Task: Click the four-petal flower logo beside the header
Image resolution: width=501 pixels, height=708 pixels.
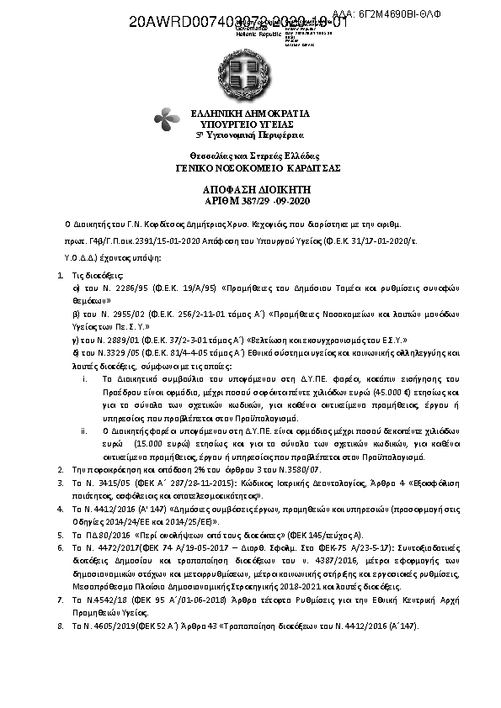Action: point(164,119)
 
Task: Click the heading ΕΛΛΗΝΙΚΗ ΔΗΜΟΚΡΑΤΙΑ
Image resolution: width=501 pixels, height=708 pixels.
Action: point(250,113)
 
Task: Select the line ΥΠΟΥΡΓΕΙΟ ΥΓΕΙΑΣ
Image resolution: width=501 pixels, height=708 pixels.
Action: point(250,123)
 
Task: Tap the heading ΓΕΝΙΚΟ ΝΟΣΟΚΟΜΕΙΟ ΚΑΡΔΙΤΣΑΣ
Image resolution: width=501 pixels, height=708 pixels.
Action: point(250,168)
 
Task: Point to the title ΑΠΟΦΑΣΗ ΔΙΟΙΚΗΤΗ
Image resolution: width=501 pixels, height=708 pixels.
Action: point(250,191)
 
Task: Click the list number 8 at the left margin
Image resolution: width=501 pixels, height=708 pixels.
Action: point(60,626)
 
